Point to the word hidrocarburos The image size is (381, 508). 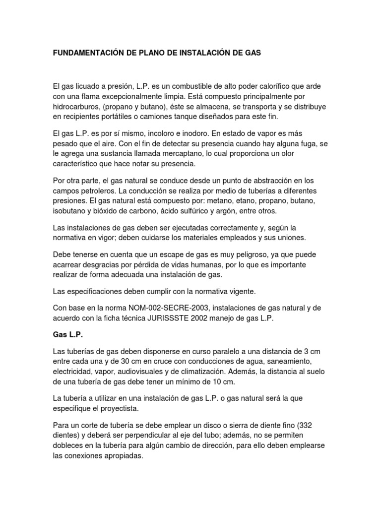pyautogui.click(x=78, y=107)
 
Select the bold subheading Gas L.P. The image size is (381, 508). pyautogui.click(x=67, y=335)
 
